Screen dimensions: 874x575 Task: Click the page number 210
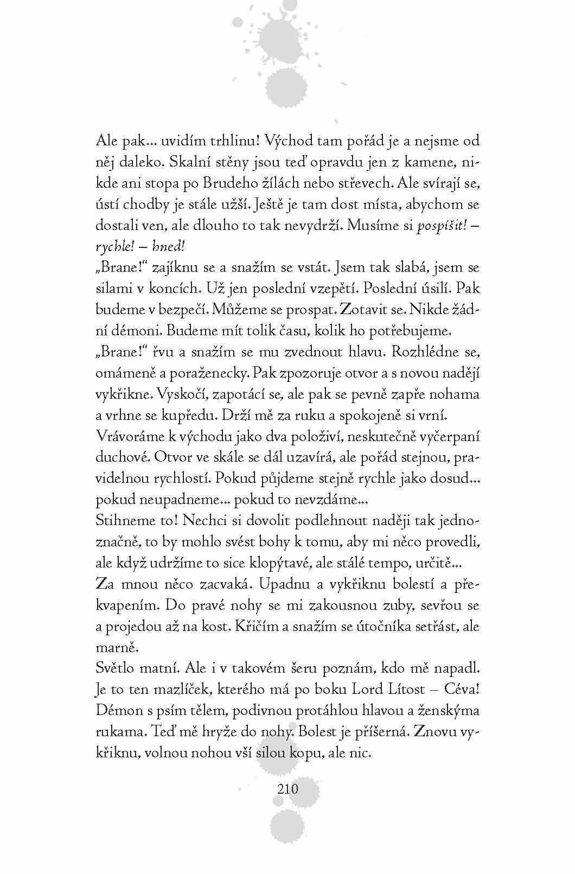point(287,788)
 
